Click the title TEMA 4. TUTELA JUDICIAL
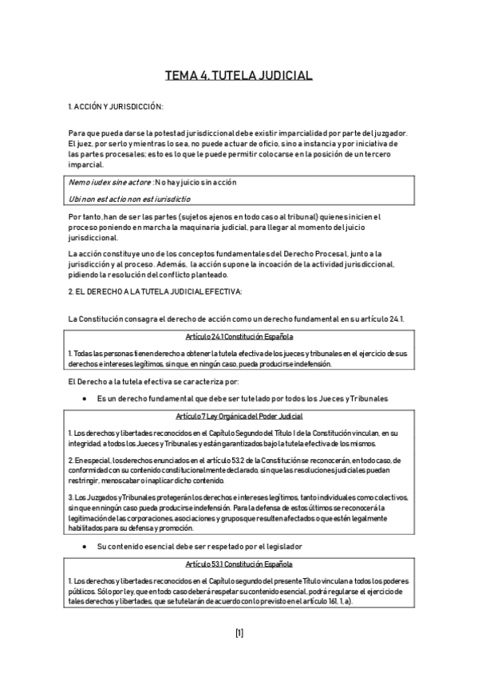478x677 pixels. coord(239,76)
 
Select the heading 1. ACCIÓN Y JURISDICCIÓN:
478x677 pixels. coord(116,106)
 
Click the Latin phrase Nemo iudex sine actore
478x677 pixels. coord(109,182)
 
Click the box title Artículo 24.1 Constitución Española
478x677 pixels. coord(239,337)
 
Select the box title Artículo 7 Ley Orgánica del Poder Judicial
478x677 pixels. coord(239,417)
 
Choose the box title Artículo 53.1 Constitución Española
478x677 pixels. coord(239,564)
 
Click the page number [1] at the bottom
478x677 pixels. coord(239,633)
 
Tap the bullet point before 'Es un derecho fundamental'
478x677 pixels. coord(85,398)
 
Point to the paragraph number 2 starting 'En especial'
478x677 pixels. coord(70,461)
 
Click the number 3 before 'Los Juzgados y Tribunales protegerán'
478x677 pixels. coord(70,496)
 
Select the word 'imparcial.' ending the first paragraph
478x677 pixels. coord(85,164)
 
